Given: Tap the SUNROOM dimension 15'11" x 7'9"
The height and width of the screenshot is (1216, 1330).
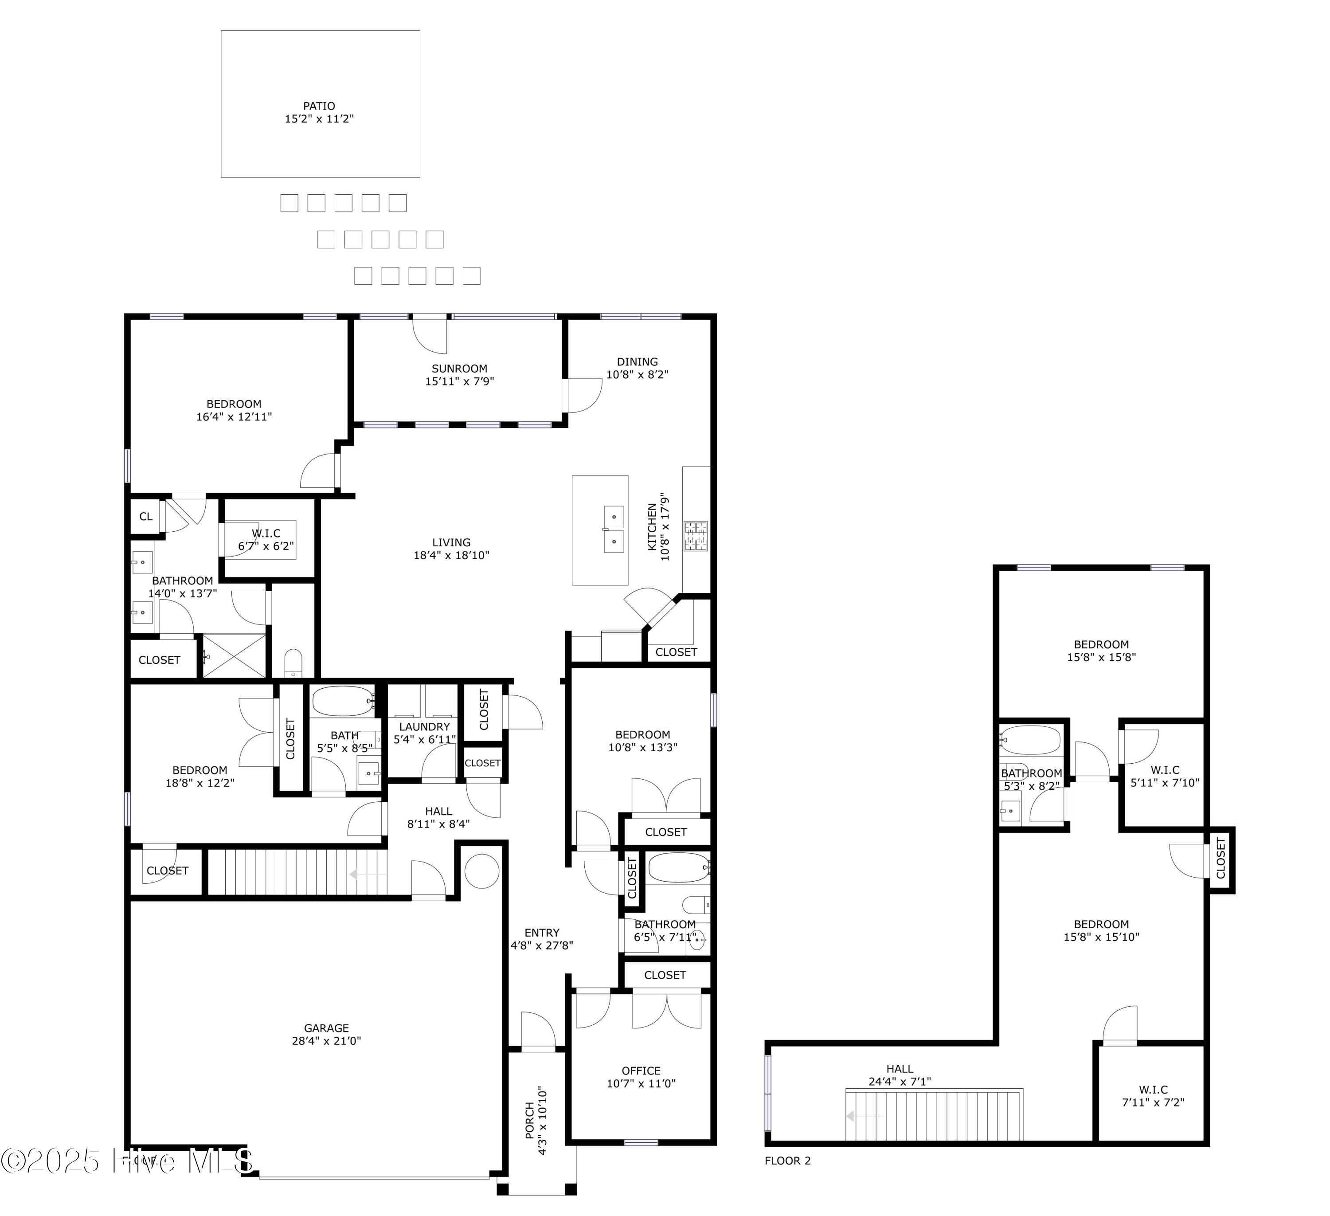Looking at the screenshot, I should (x=460, y=381).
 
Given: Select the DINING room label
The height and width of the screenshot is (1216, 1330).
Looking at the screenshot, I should (x=638, y=361).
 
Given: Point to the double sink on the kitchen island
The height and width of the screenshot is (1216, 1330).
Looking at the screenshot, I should (x=614, y=529).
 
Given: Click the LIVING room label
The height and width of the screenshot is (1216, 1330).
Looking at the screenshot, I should (x=451, y=542).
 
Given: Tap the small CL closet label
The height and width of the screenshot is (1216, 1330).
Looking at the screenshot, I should (x=146, y=517).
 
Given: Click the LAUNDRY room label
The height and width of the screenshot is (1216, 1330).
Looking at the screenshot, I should (x=424, y=726).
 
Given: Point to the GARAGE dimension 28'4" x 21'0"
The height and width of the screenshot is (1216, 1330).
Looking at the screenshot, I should (x=327, y=1040).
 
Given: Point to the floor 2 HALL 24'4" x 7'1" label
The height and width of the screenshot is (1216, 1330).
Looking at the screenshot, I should (x=900, y=1075).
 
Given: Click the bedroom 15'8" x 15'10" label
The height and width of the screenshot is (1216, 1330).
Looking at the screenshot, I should (x=1101, y=930).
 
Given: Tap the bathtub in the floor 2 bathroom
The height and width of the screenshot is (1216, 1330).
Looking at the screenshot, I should (x=1030, y=740).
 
